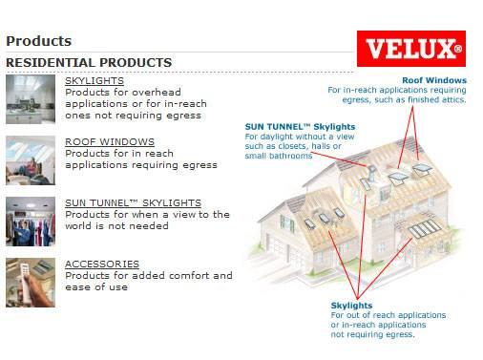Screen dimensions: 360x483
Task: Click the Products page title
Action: point(38,41)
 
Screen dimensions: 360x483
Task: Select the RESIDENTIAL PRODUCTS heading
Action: point(89,63)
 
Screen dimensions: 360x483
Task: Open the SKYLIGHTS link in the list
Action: point(94,81)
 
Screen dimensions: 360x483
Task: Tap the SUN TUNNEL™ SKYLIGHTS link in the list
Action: point(133,203)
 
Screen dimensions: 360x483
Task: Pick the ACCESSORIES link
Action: point(102,264)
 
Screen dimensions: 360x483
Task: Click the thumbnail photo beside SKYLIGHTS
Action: point(30,98)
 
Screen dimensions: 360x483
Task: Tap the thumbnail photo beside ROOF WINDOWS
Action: point(30,159)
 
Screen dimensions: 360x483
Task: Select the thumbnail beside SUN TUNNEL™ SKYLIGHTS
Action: point(30,221)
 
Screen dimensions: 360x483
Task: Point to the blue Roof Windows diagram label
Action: point(434,80)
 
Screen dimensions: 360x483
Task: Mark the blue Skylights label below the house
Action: point(352,303)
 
